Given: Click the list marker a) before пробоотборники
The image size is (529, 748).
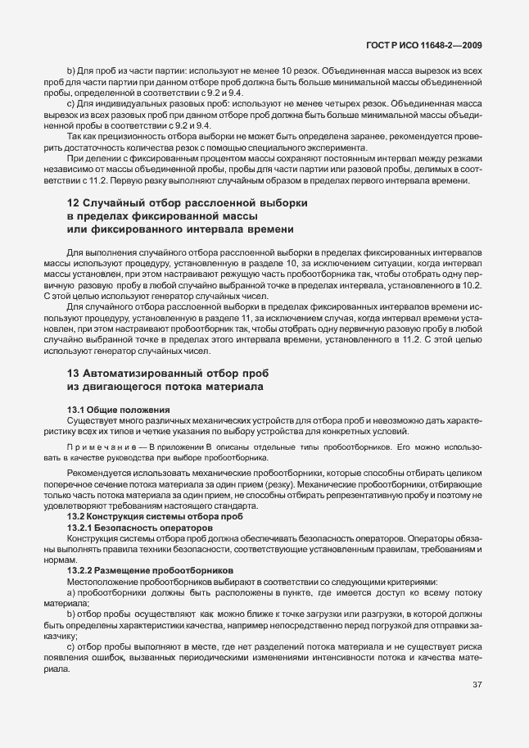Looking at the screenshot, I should coord(70,592).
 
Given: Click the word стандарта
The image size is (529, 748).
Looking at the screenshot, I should coord(219,507).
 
